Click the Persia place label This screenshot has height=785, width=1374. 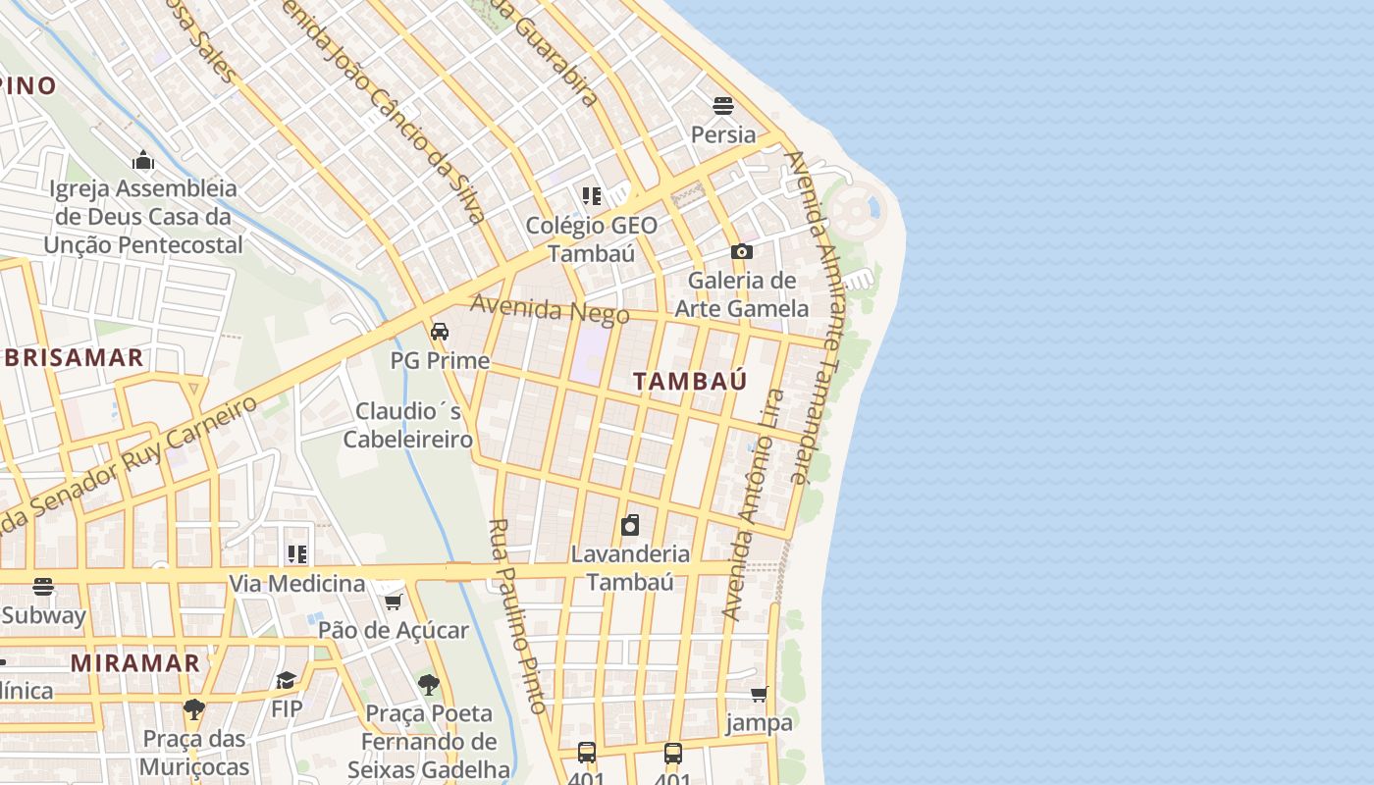pos(723,134)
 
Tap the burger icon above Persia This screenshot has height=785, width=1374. pos(723,105)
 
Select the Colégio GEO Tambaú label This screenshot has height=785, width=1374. pos(591,238)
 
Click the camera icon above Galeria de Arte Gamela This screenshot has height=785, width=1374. pos(742,252)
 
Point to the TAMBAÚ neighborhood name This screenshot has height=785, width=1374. pos(690,381)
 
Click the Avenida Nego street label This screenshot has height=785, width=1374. pos(550,309)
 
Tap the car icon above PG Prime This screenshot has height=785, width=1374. pos(440,332)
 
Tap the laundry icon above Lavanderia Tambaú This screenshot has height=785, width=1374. pos(630,525)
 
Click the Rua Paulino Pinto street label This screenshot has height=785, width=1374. pos(516,615)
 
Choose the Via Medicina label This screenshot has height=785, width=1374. pos(296,584)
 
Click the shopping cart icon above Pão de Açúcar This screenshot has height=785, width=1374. pos(393,602)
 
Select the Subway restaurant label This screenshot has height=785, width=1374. pos(43,615)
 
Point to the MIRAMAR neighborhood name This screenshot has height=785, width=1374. pos(135,662)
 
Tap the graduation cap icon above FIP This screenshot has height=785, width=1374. pos(287,680)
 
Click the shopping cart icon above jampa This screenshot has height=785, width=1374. pos(759,695)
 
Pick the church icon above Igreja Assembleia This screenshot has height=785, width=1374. pos(143,160)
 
